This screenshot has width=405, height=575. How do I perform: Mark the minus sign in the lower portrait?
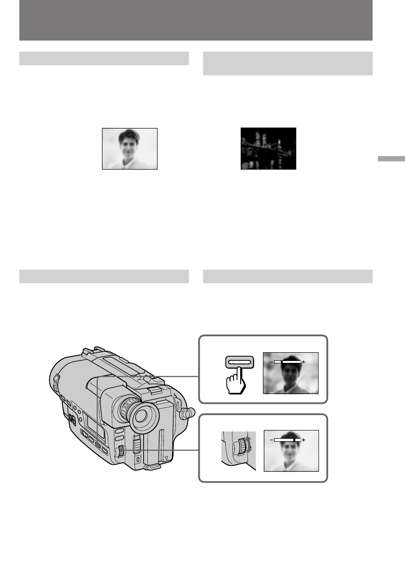(271, 440)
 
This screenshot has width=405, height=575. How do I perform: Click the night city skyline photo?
(268, 148)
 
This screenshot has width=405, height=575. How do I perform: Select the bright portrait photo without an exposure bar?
(130, 148)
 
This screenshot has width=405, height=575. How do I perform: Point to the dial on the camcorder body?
(121, 452)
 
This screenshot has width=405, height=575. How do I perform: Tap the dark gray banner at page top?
(196, 20)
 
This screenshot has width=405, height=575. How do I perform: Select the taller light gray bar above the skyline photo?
(288, 64)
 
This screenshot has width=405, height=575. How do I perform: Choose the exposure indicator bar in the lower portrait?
(287, 440)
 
